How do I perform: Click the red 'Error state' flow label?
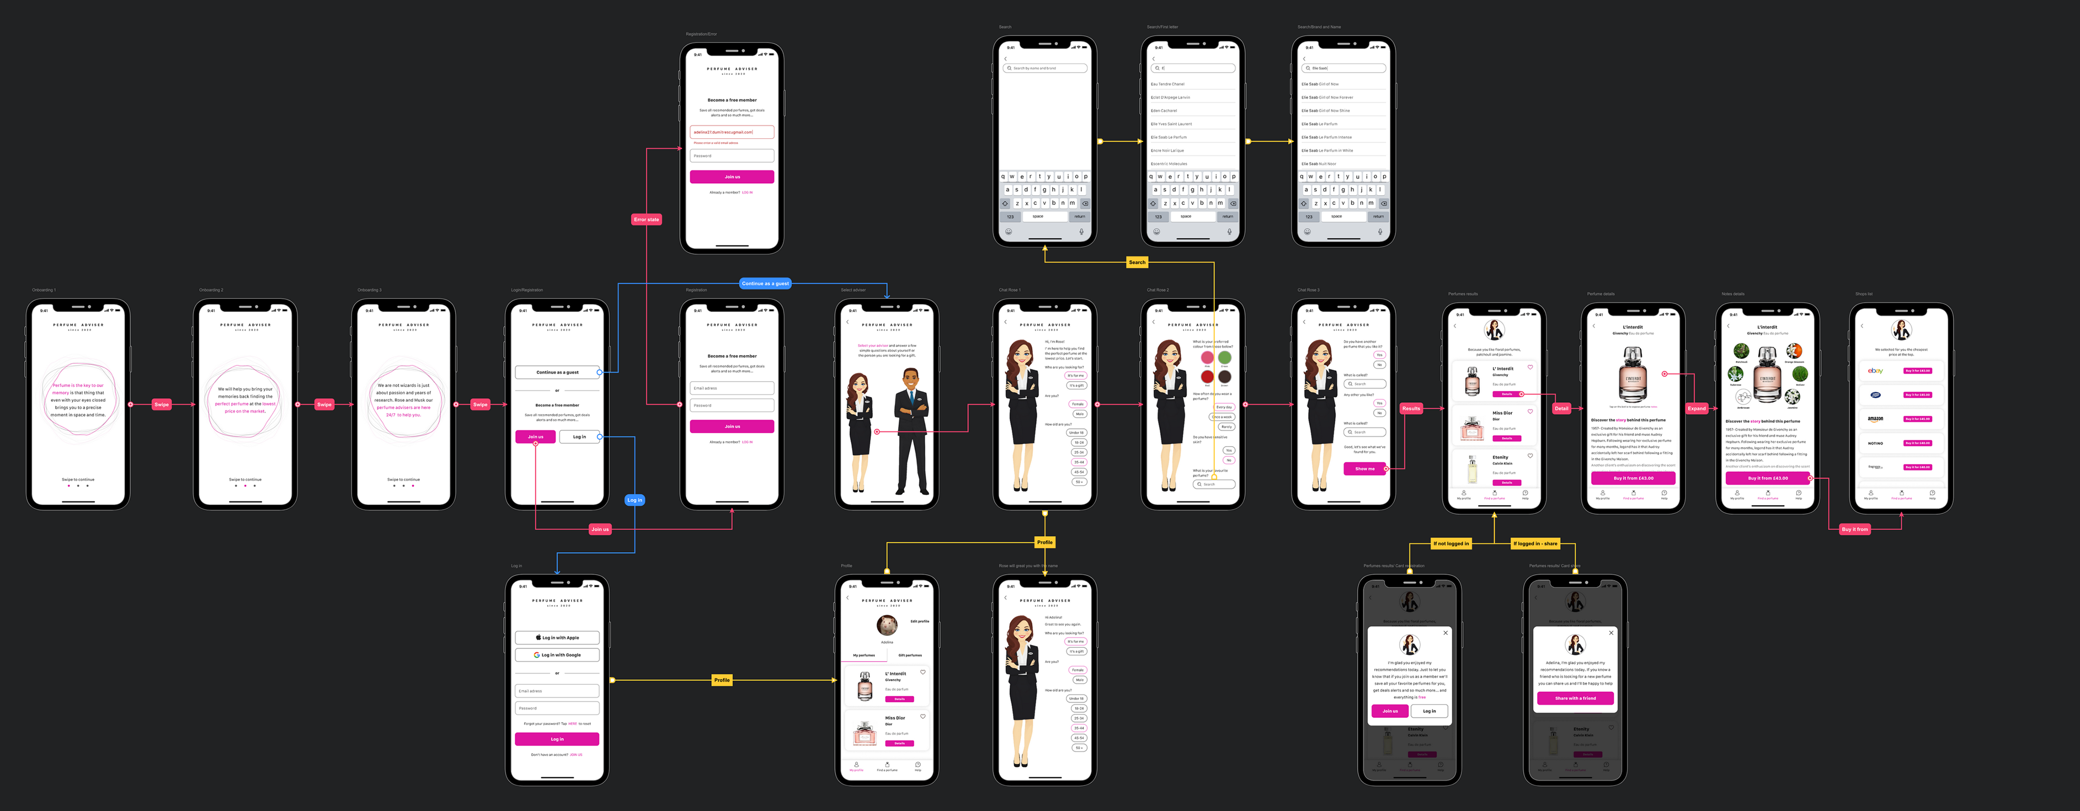(x=646, y=220)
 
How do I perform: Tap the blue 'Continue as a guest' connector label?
(x=765, y=284)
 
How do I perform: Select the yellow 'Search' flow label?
(x=1137, y=262)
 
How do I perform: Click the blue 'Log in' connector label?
(x=635, y=500)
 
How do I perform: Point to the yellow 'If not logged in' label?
(x=1451, y=544)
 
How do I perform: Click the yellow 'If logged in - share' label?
(x=1535, y=544)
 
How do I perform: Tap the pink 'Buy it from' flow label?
(x=1855, y=529)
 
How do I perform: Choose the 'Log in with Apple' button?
(x=557, y=638)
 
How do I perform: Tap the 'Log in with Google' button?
(x=557, y=655)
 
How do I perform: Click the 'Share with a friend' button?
(x=1575, y=698)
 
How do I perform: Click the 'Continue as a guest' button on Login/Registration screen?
(x=557, y=372)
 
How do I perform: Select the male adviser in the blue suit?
(x=912, y=432)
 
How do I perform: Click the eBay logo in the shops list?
(x=1875, y=371)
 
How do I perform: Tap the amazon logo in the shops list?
(x=1875, y=419)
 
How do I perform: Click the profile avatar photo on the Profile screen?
(x=887, y=625)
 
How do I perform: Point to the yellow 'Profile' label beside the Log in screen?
(x=722, y=680)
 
